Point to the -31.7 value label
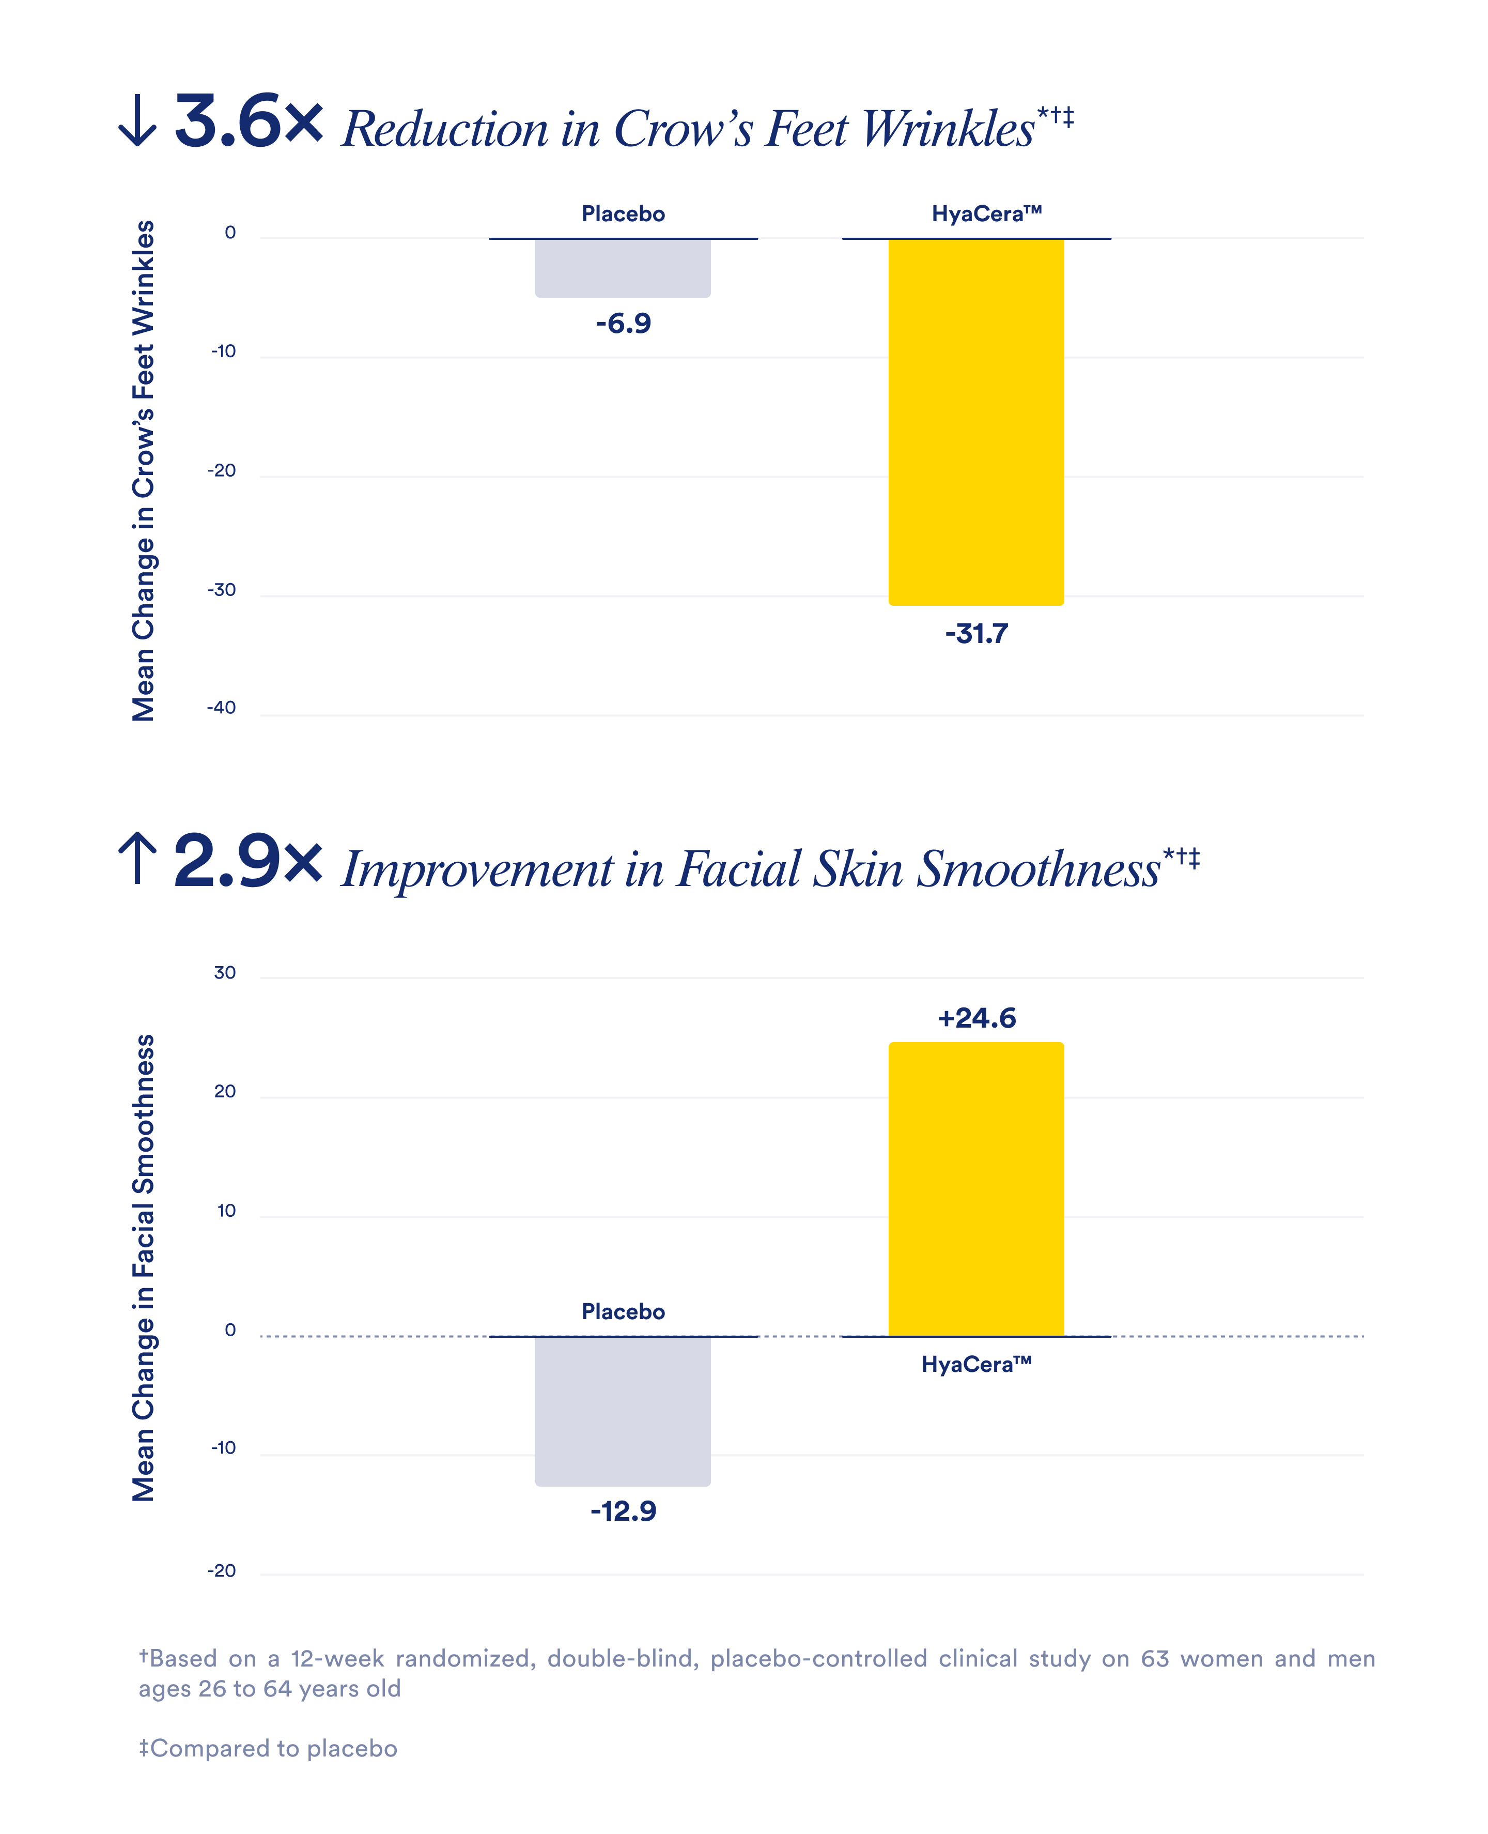[x=977, y=634]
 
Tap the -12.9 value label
[x=623, y=1511]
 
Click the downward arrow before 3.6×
[x=137, y=123]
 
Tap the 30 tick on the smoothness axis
[x=225, y=972]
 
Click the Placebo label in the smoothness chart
[x=623, y=1312]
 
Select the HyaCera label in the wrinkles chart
[x=986, y=213]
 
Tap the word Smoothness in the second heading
[x=1039, y=869]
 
